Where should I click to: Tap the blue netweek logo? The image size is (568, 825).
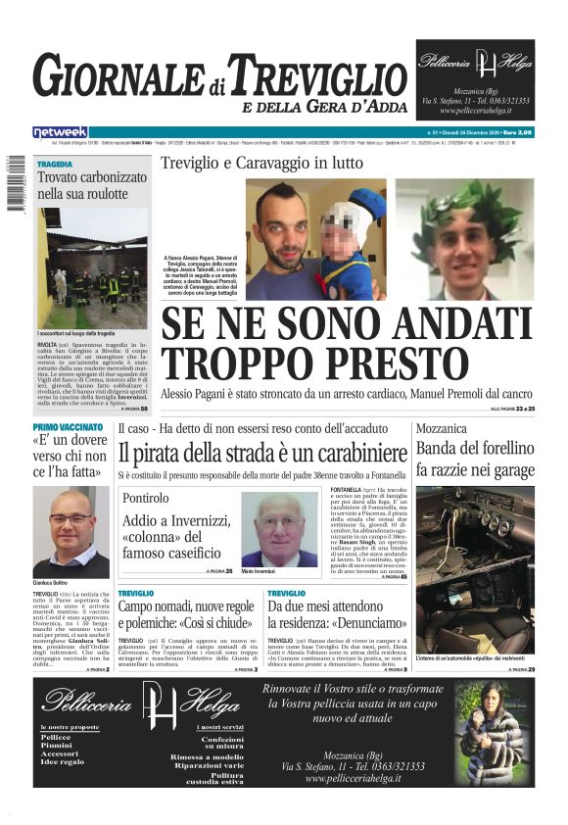[61, 131]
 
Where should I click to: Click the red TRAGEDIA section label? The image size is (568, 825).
[56, 164]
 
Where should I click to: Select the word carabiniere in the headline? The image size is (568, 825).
[354, 453]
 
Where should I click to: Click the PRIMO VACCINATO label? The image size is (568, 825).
[68, 428]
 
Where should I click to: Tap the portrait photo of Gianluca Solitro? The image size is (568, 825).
[71, 532]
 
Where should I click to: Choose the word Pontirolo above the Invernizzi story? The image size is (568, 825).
[146, 499]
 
